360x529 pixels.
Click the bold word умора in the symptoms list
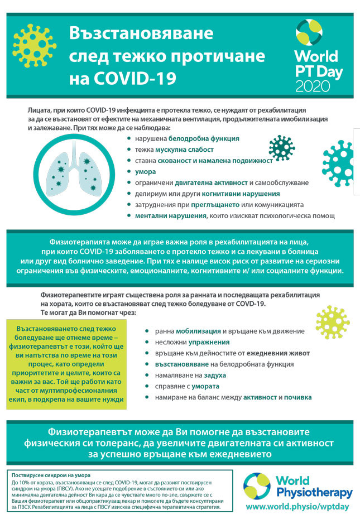pyautogui.click(x=145, y=172)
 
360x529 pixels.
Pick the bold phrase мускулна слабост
pyautogui.click(x=184, y=150)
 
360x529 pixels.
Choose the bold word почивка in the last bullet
pyautogui.click(x=297, y=397)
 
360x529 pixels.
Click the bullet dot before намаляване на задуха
pyautogui.click(x=146, y=375)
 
